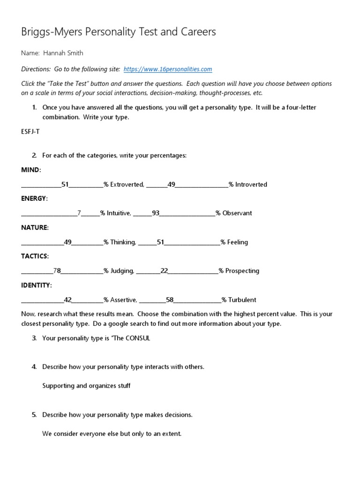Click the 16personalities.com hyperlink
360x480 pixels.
tap(168, 69)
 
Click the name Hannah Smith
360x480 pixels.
tap(63, 53)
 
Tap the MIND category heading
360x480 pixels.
tap(31, 170)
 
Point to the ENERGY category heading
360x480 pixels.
tap(34, 198)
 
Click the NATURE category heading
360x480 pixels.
tap(35, 227)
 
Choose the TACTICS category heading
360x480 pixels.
tap(35, 256)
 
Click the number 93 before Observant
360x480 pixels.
tap(156, 213)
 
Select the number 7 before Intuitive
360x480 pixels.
tap(79, 213)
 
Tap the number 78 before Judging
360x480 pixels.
tap(57, 271)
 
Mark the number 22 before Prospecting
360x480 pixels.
tap(164, 271)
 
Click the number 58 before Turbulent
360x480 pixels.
tap(170, 300)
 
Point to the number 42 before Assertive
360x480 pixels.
tap(67, 300)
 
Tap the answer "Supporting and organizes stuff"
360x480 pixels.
tap(86, 386)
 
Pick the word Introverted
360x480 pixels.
tap(251, 185)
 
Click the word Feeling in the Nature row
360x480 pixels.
tap(238, 242)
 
